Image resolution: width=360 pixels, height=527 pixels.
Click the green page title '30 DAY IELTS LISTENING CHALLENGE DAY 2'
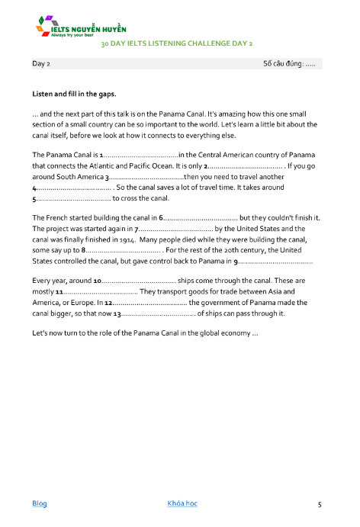coord(176,44)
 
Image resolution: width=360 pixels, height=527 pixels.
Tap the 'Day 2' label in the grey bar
coord(41,64)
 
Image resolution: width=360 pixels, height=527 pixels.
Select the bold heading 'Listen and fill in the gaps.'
coord(74,95)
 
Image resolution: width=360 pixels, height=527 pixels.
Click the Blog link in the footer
coord(39,503)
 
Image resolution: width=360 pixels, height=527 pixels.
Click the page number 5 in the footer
coord(320,504)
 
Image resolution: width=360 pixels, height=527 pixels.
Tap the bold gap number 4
coord(34,188)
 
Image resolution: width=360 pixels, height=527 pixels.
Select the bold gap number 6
coord(161,218)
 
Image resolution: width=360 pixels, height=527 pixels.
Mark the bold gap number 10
coord(97,281)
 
